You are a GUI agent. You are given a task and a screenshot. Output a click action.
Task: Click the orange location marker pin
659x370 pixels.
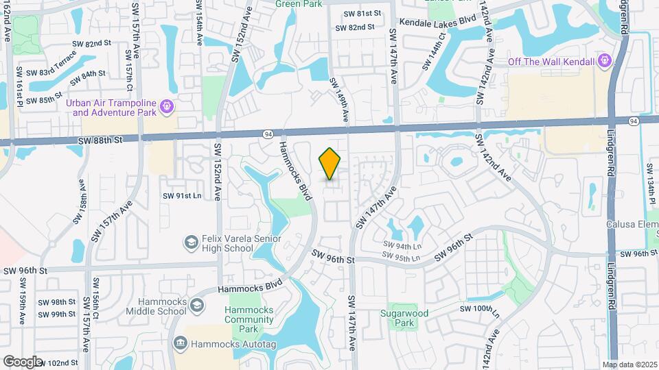[330, 163]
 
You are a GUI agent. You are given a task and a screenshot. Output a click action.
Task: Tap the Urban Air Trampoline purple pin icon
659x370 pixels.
[165, 107]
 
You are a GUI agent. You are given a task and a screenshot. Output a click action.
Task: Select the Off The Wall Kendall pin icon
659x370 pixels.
[604, 62]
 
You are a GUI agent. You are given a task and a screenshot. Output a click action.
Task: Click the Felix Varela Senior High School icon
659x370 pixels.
[190, 243]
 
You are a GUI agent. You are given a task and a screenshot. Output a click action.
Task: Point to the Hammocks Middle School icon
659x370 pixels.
[196, 306]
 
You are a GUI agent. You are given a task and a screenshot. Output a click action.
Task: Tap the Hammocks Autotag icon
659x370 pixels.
[180, 342]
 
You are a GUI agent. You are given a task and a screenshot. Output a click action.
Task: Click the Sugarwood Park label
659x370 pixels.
[405, 318]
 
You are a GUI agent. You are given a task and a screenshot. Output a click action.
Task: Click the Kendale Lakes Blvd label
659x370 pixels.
[437, 22]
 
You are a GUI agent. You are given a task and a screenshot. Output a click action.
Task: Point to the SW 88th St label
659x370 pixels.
[100, 140]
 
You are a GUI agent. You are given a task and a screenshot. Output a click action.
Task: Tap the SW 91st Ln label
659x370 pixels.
[182, 196]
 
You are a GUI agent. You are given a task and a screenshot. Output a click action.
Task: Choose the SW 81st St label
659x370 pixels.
[362, 14]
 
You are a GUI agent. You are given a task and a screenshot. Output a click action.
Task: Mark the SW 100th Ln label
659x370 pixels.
[478, 309]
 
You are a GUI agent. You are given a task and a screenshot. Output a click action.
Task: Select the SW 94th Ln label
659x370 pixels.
[402, 245]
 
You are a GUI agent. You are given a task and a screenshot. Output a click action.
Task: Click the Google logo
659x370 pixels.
[22, 361]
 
